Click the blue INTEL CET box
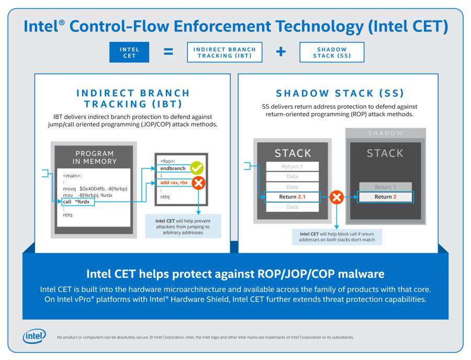pos(129,52)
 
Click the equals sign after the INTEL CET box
pos(168,52)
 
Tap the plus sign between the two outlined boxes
pos(281,52)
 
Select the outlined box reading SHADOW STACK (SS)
pos(331,52)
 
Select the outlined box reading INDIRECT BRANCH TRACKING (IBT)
pos(225,52)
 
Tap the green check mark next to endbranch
pos(197,168)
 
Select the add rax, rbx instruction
pos(174,183)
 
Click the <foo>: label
pos(167,161)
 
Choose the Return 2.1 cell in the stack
pos(292,197)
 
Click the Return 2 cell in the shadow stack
pos(385,197)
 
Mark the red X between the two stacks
pos(337,197)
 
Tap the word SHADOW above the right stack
pos(385,133)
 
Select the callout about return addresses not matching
pos(337,237)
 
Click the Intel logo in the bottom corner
pos(34,336)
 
